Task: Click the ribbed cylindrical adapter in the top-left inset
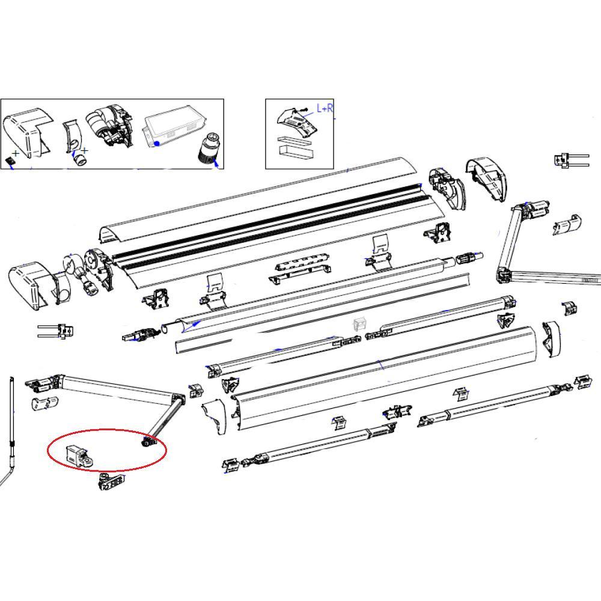click(x=209, y=148)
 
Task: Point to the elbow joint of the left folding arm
click(x=177, y=398)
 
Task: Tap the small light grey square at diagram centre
click(x=359, y=324)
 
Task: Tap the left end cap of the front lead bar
click(x=215, y=415)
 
